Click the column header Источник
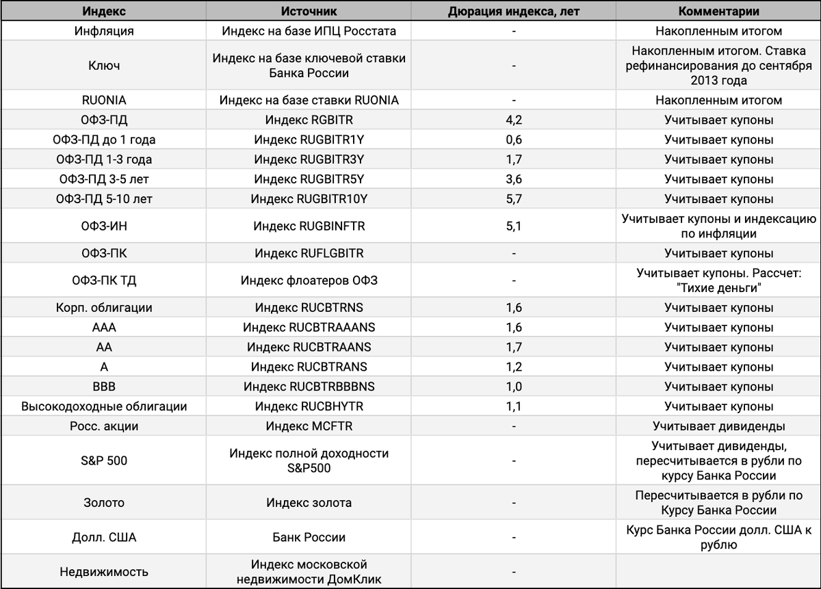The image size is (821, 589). (309, 12)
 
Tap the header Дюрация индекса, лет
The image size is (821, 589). (513, 12)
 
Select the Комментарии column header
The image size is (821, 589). (718, 12)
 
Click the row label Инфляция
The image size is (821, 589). (104, 31)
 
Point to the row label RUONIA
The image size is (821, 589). (104, 101)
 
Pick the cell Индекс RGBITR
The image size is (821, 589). (309, 120)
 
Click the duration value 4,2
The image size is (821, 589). (513, 120)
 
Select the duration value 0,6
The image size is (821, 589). (513, 140)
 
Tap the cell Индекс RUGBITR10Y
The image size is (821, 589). (309, 200)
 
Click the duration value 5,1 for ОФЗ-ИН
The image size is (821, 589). (513, 226)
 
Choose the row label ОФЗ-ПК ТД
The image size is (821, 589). (104, 280)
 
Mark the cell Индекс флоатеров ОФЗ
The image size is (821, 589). (309, 280)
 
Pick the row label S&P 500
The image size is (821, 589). (104, 461)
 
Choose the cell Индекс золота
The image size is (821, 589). (309, 503)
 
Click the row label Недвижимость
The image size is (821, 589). (104, 572)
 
